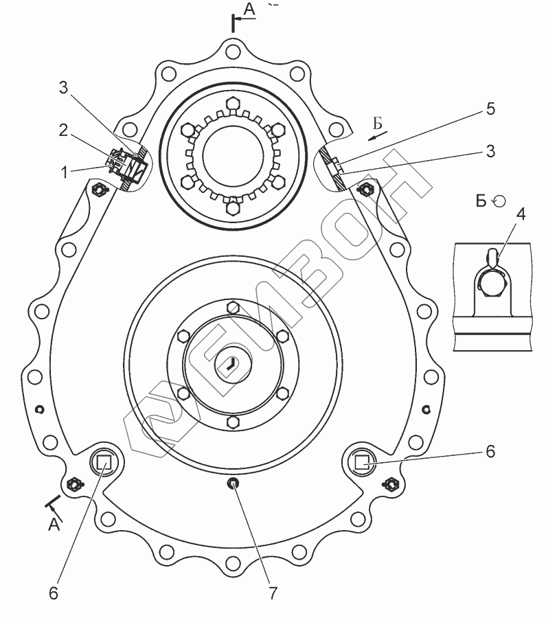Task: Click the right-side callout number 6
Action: point(490,451)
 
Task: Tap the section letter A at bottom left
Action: point(54,525)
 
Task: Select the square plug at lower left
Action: point(104,462)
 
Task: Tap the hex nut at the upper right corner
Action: point(366,188)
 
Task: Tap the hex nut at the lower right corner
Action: point(389,483)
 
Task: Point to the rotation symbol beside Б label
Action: point(500,200)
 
